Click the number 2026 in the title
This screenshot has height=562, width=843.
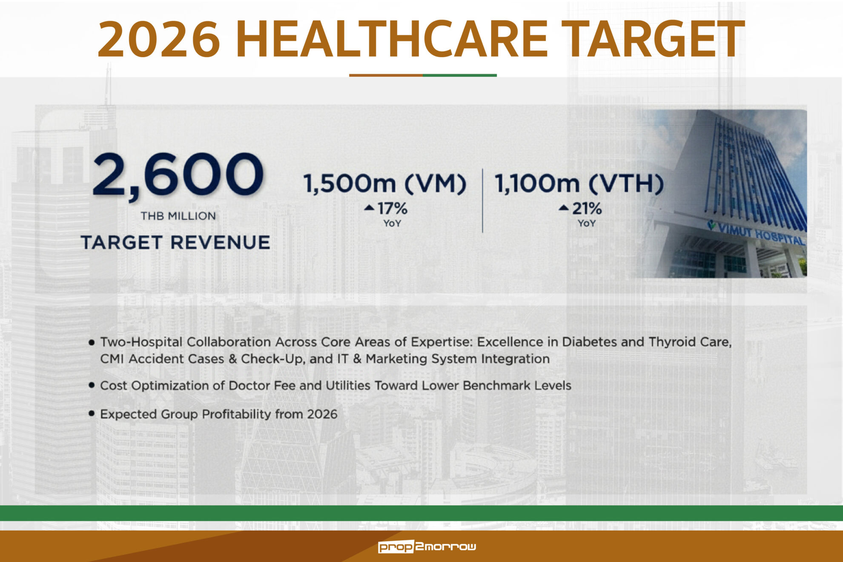coord(159,39)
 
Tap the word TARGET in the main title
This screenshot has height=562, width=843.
coord(653,39)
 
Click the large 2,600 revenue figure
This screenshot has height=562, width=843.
coord(178,175)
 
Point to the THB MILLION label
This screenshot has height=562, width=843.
coord(178,216)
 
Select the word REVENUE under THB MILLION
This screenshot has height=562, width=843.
coord(221,243)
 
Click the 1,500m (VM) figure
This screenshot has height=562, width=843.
coord(385,184)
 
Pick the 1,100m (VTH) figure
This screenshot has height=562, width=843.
coord(579,184)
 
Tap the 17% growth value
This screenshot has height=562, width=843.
coord(393,209)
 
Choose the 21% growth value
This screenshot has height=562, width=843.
coord(587,209)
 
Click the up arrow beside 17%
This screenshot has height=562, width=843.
coord(369,208)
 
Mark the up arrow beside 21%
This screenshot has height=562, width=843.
coord(564,208)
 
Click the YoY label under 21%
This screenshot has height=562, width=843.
coord(587,224)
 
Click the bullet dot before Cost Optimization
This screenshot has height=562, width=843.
coord(92,385)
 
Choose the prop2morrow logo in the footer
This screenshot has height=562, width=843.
coord(427,547)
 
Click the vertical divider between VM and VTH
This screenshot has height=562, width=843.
coord(482,201)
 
